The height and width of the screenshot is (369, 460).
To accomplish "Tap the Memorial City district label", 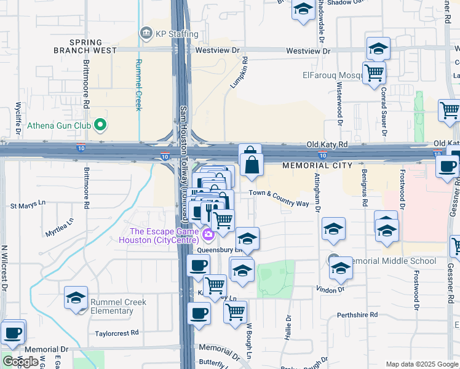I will click(317, 165).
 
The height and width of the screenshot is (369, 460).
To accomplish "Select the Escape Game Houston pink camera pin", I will click(208, 234).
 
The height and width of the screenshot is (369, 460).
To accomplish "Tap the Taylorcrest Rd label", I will click(117, 333).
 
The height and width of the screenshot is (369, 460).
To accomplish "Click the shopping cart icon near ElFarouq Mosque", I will click(374, 74).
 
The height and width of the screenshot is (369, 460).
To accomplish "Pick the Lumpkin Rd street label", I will click(239, 73).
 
